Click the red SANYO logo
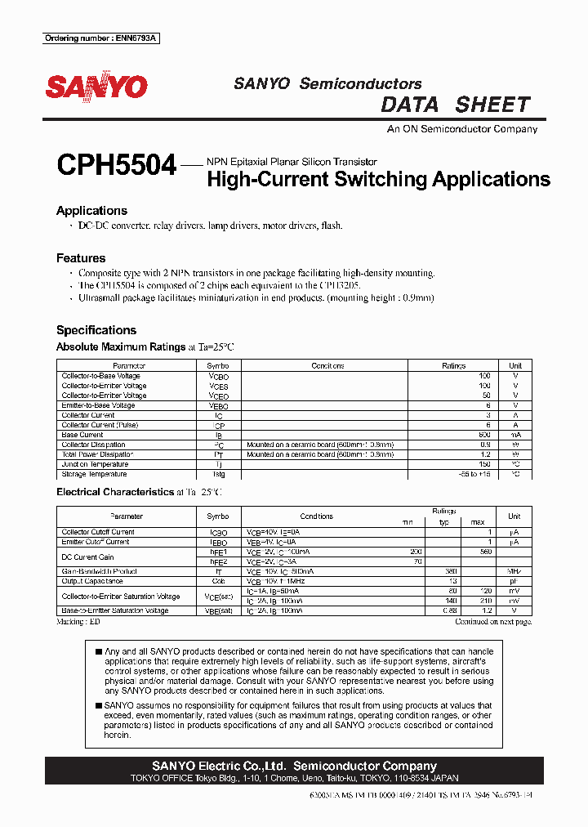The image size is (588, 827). tap(96, 87)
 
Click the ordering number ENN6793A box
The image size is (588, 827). tap(101, 38)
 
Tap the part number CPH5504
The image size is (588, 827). tap(116, 165)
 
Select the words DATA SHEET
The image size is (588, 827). tap(456, 105)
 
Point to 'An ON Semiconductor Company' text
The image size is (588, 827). tap(461, 129)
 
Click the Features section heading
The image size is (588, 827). tap(81, 258)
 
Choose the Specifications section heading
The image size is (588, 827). tap(96, 330)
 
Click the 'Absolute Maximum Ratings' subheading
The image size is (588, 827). tap(121, 346)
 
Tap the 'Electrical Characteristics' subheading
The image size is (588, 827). tap(114, 492)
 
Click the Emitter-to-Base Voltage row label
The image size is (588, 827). tap(98, 405)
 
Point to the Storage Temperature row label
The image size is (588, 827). tap(94, 474)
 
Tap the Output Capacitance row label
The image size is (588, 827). tap(92, 581)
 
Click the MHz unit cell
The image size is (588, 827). tap(514, 571)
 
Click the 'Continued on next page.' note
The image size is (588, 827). tap(492, 622)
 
